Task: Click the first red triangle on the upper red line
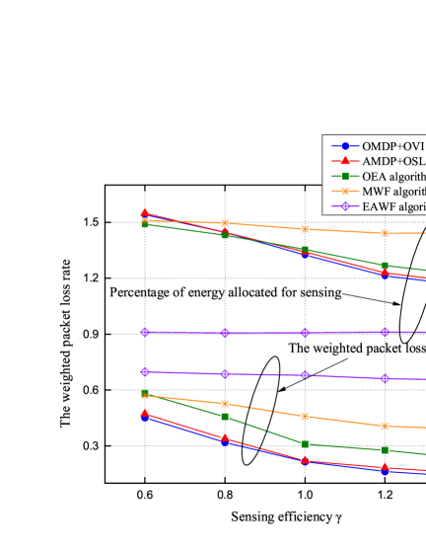[145, 212]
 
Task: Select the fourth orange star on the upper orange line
[385, 233]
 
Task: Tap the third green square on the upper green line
[305, 250]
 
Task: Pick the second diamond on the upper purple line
[225, 333]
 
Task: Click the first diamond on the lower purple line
[145, 371]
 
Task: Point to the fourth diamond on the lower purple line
[385, 378]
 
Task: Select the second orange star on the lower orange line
[225, 404]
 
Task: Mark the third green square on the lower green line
[305, 444]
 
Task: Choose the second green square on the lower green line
[225, 417]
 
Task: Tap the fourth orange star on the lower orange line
[385, 427]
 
